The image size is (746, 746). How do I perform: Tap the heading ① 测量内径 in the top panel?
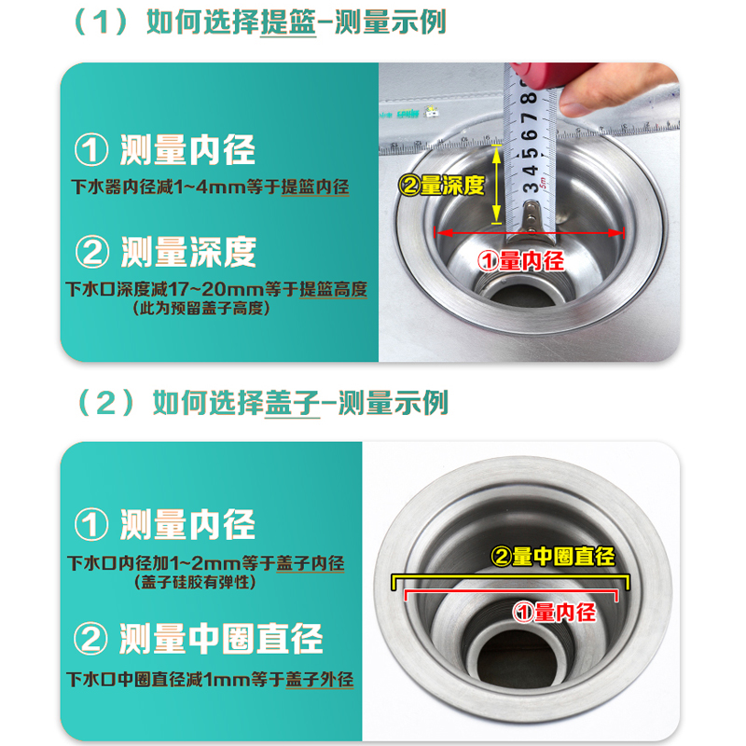165,150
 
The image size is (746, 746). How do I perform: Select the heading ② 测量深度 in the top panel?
165,252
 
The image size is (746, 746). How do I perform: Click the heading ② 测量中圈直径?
198,639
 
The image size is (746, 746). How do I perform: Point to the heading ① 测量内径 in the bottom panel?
165,525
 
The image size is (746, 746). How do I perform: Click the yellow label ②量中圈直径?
552,557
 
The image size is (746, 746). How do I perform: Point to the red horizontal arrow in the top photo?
532,232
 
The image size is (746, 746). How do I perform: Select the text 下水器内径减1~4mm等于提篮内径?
210,187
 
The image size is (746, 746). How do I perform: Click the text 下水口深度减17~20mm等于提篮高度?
216,290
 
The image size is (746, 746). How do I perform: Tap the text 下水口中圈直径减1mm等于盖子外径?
210,678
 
